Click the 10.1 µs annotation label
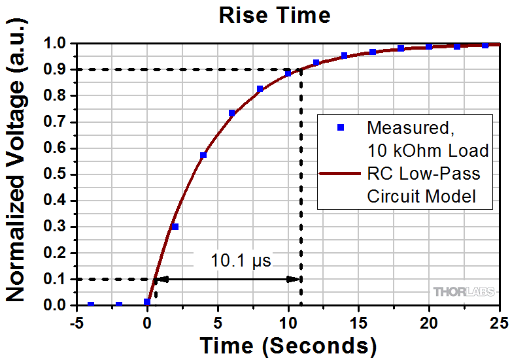coord(241,261)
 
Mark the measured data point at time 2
coord(175,227)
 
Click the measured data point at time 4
coord(203,155)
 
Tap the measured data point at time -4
coord(91,304)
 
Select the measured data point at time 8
coord(260,89)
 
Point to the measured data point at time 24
coord(485,45)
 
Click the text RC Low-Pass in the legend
coord(423,174)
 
